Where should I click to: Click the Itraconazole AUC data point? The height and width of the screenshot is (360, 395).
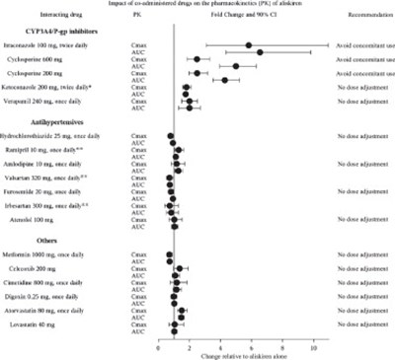(260, 51)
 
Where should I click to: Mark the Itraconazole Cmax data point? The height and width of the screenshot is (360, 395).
(248, 44)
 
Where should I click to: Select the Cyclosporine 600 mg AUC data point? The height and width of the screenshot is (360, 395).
(235, 66)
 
